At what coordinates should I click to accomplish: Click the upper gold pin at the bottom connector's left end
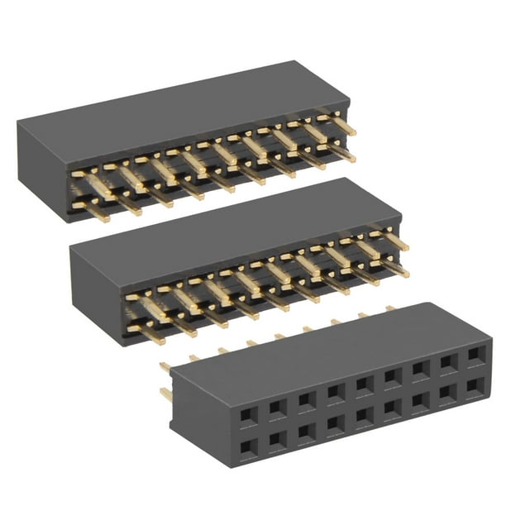(x=166, y=366)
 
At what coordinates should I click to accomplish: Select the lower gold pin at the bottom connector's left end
(x=166, y=394)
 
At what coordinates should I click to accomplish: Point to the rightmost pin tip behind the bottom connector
(x=389, y=308)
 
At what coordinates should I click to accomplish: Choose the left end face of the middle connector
(x=94, y=294)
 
